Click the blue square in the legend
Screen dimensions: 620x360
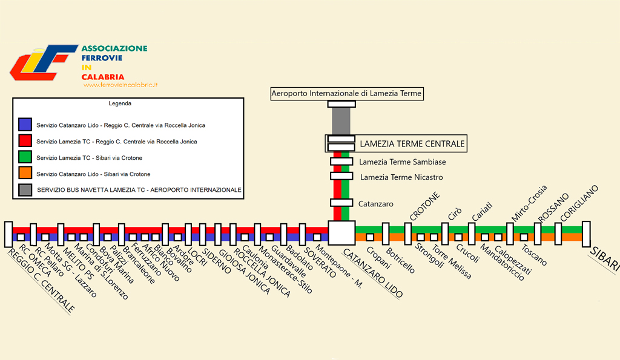point(25,125)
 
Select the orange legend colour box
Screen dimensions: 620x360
point(25,173)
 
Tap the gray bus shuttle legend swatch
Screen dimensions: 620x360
point(25,190)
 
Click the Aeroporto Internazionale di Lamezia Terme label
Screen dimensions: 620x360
point(347,94)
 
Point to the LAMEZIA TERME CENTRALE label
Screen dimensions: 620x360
point(412,144)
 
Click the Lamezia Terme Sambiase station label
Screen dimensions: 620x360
point(402,162)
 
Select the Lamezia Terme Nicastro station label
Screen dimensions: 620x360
point(401,177)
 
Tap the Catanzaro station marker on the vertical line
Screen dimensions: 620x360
point(341,203)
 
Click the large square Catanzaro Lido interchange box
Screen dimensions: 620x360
point(341,233)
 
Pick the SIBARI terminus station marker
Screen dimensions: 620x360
point(586,234)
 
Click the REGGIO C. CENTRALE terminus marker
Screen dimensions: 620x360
point(8,234)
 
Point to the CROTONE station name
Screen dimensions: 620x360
point(424,206)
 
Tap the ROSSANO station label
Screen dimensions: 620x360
point(553,208)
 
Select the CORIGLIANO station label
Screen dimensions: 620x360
point(579,203)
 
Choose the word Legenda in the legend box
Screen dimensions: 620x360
point(120,103)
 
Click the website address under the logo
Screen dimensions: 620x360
point(120,85)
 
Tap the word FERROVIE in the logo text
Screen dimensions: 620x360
point(102,57)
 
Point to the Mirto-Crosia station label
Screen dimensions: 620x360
point(529,203)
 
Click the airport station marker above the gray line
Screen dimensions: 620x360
point(341,104)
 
